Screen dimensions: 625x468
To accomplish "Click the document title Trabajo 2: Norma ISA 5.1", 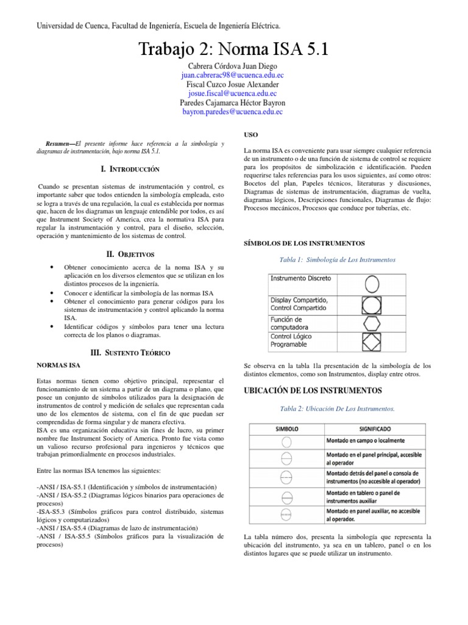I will pyautogui.click(x=233, y=49).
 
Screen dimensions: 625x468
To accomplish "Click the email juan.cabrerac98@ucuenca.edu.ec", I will pyautogui.click(x=233, y=75).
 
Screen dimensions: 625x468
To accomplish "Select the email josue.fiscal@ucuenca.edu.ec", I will pyautogui.click(x=233, y=94).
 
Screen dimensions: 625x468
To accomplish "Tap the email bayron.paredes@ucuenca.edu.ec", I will pyautogui.click(x=233, y=112).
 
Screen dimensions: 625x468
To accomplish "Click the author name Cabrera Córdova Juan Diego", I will pyautogui.click(x=233, y=66).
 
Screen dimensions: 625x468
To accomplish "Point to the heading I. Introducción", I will pyautogui.click(x=130, y=168).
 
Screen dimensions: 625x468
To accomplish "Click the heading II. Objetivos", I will pyautogui.click(x=130, y=253).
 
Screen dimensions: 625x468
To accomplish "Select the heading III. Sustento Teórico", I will pyautogui.click(x=130, y=352).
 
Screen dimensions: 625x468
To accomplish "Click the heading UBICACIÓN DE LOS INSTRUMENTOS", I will pyautogui.click(x=312, y=390).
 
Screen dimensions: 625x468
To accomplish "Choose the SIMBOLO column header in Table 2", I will pyautogui.click(x=286, y=429).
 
